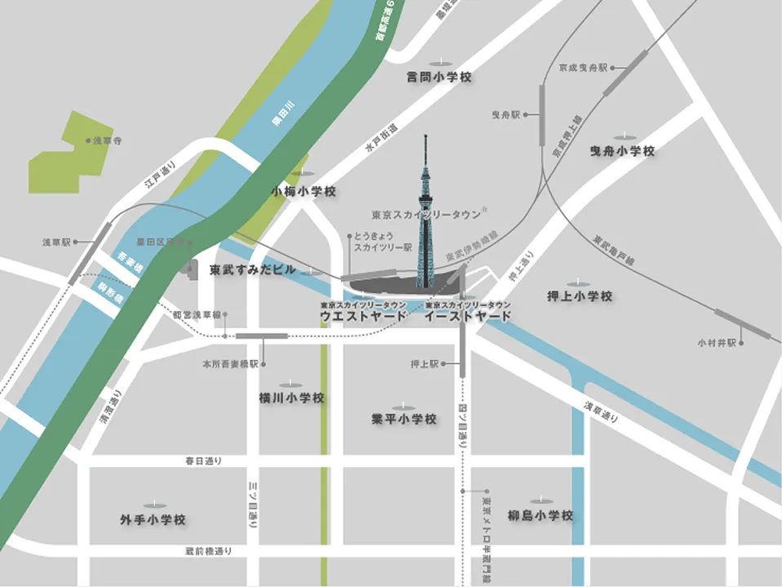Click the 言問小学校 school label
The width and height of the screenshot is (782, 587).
[x=440, y=78]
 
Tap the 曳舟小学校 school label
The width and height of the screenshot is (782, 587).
[x=622, y=151]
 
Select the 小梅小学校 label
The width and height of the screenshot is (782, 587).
[x=304, y=192]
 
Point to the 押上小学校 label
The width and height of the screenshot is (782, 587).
[x=579, y=296]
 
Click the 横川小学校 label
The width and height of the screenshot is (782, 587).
[x=291, y=398]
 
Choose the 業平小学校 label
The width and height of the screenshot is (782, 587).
[x=403, y=420]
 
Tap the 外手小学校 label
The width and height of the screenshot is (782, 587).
[x=153, y=519]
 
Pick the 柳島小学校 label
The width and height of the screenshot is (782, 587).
[x=540, y=516]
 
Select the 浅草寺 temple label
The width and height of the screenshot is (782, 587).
[x=106, y=141]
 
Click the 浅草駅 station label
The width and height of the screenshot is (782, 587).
[x=56, y=242]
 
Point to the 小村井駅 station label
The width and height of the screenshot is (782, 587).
[x=718, y=342]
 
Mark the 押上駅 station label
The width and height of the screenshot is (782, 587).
[x=424, y=364]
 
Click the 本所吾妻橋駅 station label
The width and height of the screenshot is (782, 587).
[x=231, y=363]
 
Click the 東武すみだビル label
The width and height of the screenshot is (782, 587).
[x=252, y=269]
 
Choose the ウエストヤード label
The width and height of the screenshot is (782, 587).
[x=362, y=316]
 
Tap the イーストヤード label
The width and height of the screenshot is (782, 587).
[x=468, y=316]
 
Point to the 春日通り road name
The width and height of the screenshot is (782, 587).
[x=205, y=461]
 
